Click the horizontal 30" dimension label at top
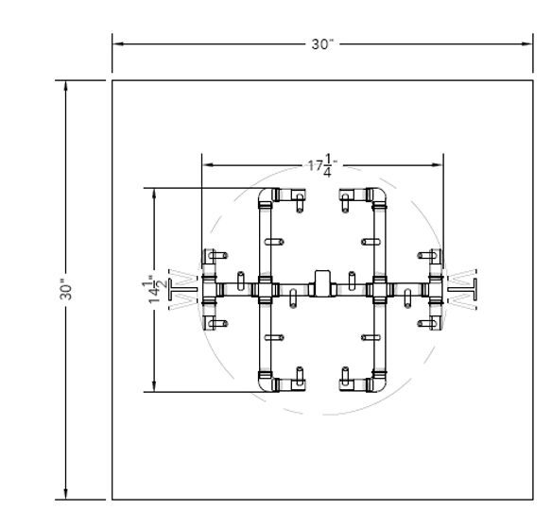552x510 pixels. coord(322,44)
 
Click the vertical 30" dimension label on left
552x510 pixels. coord(66,289)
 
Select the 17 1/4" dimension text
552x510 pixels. coord(323,165)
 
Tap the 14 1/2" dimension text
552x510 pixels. coord(154,289)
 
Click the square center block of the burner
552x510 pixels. coord(322,282)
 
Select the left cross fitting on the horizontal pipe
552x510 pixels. coord(265,290)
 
